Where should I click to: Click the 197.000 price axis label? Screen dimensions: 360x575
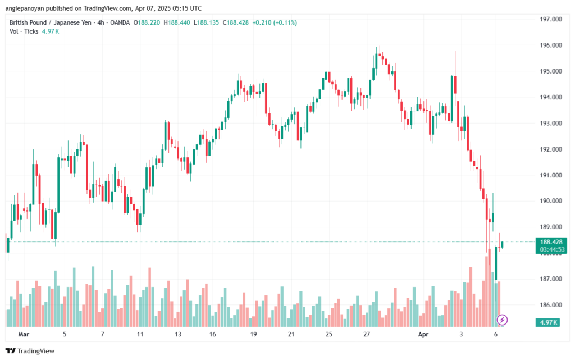point(551,19)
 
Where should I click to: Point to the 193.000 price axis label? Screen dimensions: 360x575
point(551,123)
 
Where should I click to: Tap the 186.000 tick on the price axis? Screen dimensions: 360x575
point(551,305)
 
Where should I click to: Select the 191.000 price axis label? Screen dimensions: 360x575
point(551,175)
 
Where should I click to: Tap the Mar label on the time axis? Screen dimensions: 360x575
point(23,334)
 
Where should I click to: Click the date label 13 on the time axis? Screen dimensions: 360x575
point(178,334)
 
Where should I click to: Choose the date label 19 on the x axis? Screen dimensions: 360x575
point(253,334)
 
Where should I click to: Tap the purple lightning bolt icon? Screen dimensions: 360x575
point(503,320)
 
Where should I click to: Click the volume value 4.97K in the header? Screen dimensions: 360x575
point(51,31)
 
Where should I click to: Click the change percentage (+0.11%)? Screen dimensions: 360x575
point(284,22)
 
